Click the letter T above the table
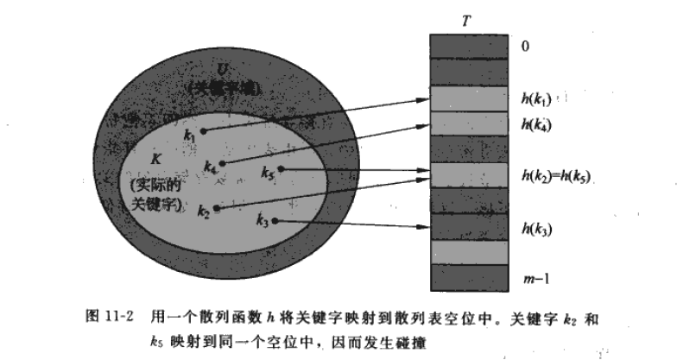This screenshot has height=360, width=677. point(467,20)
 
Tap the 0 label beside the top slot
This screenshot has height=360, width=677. point(525,46)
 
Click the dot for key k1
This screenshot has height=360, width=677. point(204,132)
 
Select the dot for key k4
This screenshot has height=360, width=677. point(223,162)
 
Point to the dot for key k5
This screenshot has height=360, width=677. point(282,169)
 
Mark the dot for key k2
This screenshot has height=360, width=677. point(217,209)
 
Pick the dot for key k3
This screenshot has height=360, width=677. point(274,222)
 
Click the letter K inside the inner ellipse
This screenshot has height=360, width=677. point(157,161)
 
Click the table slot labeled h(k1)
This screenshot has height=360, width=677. point(469,99)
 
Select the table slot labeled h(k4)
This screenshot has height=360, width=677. point(469,123)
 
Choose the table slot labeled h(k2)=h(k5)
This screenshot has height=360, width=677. point(469,176)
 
